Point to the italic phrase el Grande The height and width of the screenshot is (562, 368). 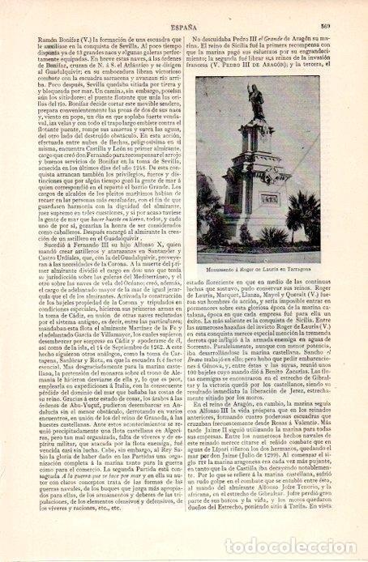[276, 25]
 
